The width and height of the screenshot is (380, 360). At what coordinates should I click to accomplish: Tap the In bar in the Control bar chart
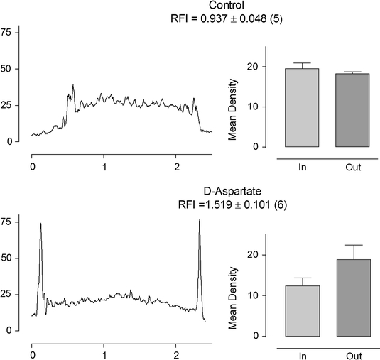pyautogui.click(x=302, y=108)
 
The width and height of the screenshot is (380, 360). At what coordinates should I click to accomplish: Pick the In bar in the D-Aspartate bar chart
pyautogui.click(x=302, y=311)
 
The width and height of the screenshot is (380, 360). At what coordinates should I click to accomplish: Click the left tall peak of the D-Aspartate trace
pyautogui.click(x=41, y=224)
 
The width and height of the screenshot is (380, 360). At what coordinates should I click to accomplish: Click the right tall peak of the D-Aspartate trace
pyautogui.click(x=200, y=221)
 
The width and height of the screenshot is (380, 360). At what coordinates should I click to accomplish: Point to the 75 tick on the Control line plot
pyautogui.click(x=9, y=33)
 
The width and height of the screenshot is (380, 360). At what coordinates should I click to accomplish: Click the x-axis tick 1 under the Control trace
pyautogui.click(x=104, y=166)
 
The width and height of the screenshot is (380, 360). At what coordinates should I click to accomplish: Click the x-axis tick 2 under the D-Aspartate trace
pyautogui.click(x=176, y=354)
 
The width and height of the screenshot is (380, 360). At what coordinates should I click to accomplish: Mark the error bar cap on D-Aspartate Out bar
pyautogui.click(x=347, y=245)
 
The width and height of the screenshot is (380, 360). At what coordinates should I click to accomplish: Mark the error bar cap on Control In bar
pyautogui.click(x=302, y=63)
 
